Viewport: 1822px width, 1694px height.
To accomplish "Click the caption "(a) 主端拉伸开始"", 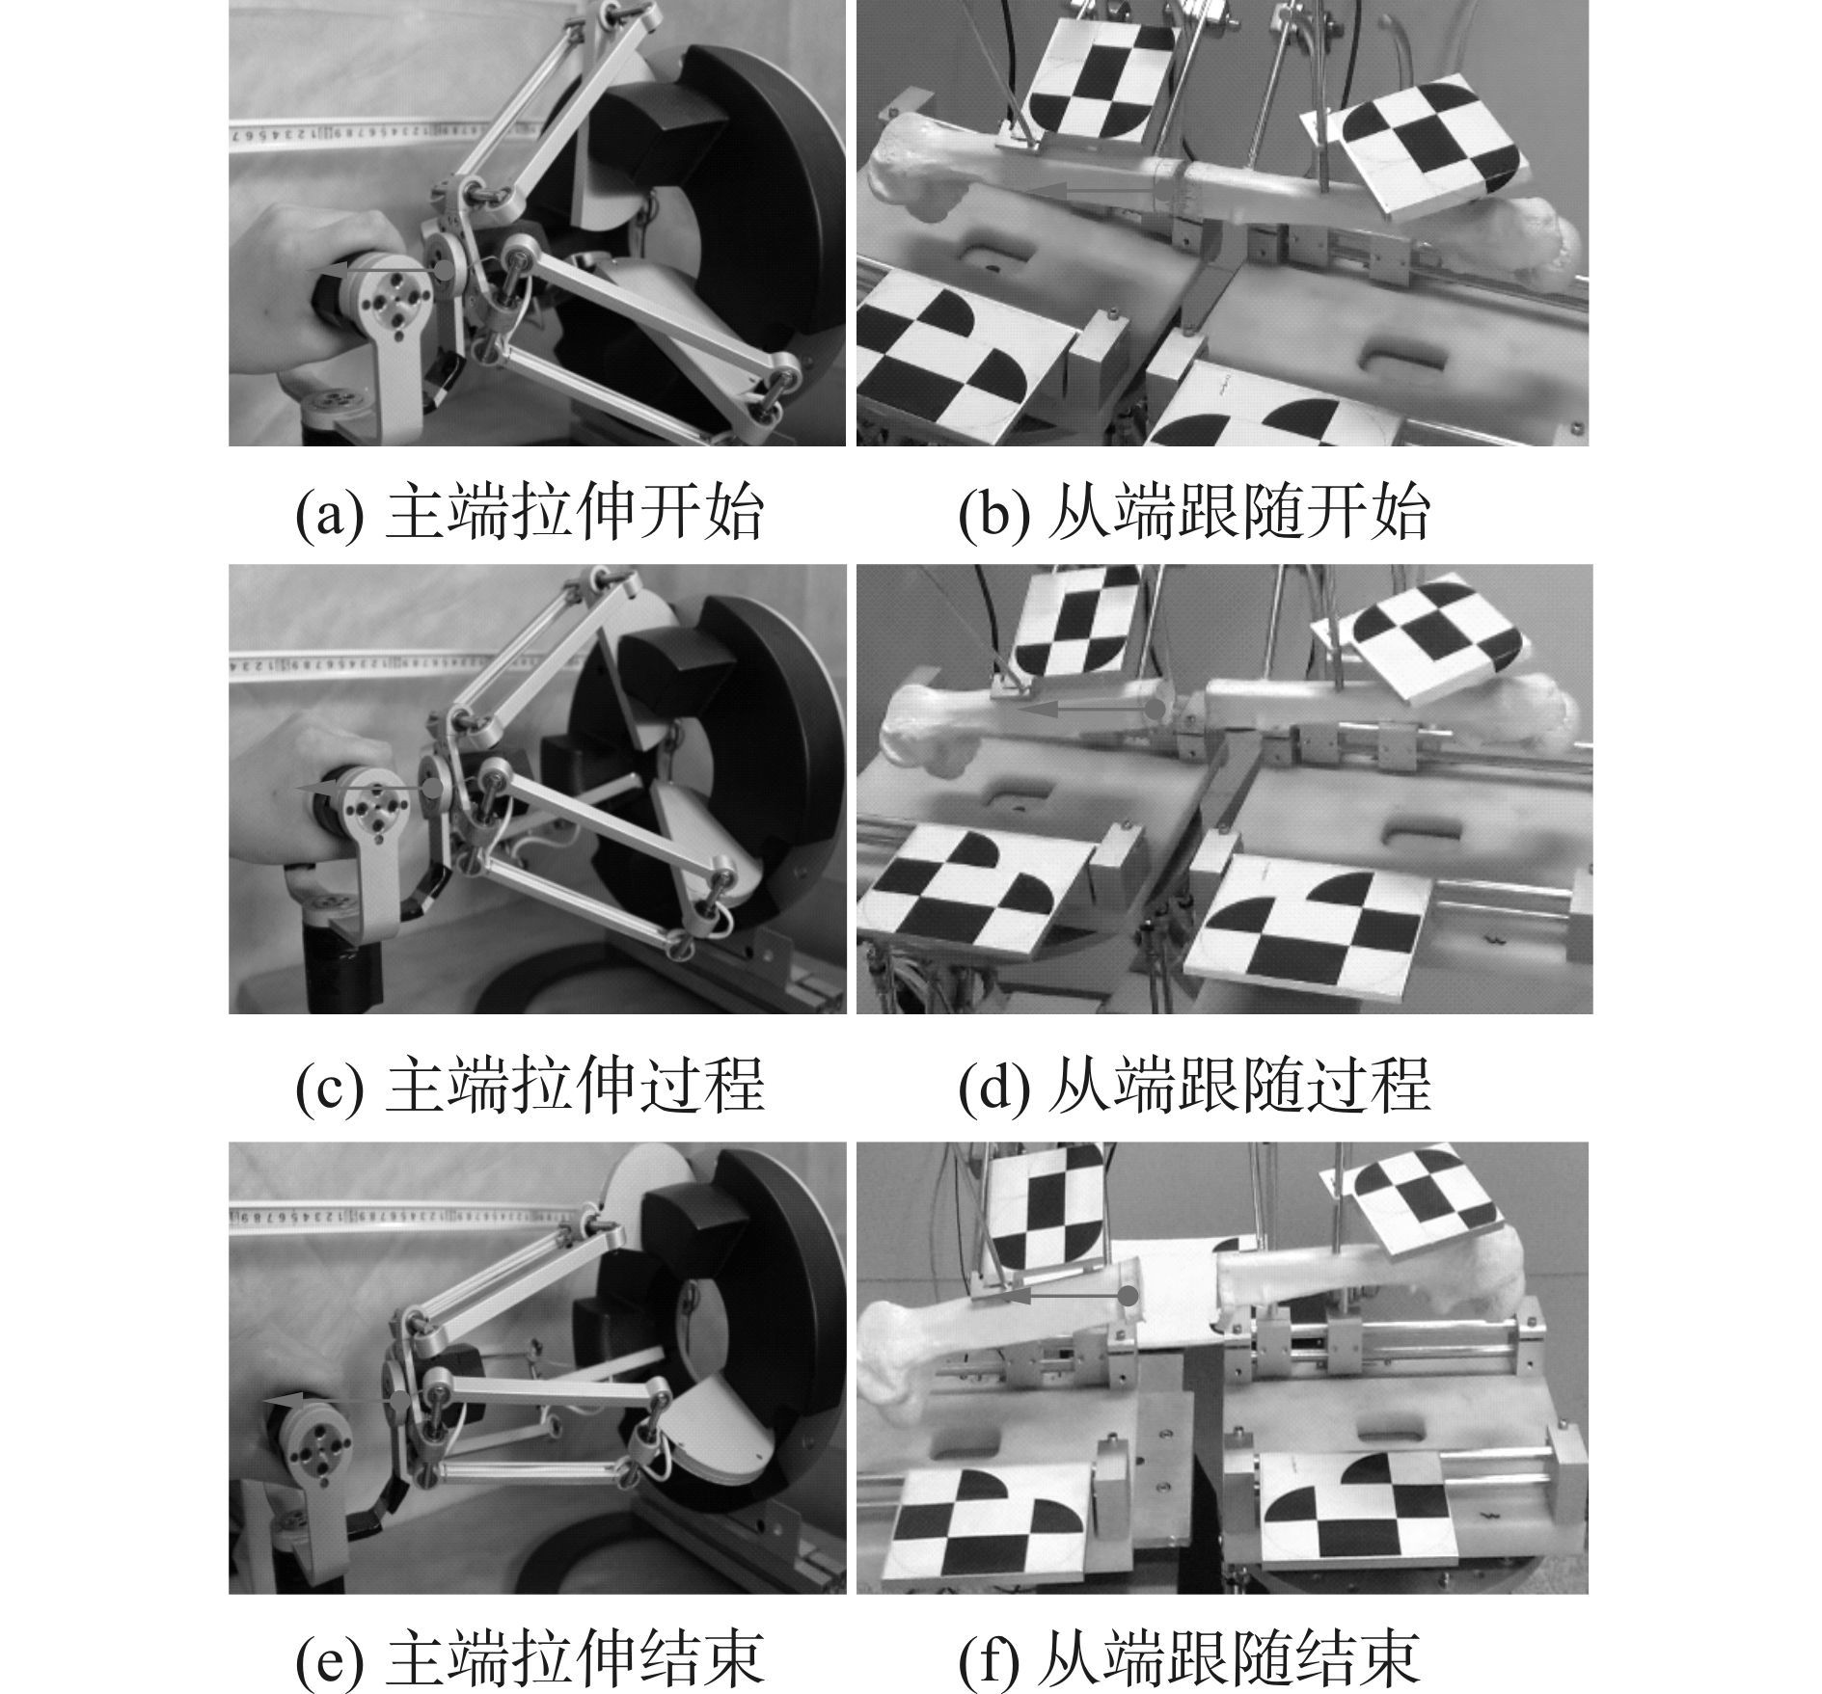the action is click(530, 513).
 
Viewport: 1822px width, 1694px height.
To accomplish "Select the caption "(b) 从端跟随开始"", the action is click(1193, 513).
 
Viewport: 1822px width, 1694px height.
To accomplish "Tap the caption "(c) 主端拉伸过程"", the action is click(530, 1085).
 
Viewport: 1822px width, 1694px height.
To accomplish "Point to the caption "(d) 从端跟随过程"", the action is click(1193, 1085).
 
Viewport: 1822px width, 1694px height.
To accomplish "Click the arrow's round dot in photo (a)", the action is click(443, 270).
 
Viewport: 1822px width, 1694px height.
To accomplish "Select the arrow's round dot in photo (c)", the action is click(433, 788).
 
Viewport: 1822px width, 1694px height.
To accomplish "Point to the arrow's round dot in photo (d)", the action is click(1154, 709).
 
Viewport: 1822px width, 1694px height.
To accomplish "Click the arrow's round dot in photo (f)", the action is click(1128, 1297).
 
